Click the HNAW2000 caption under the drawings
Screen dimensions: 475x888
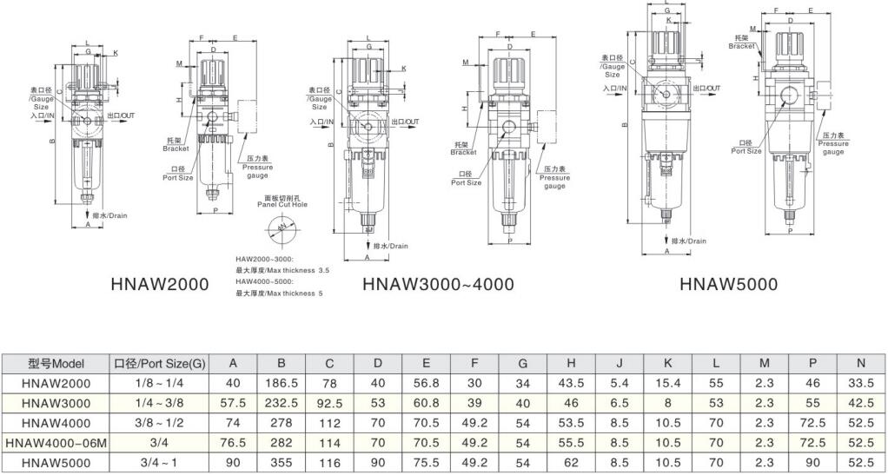point(160,284)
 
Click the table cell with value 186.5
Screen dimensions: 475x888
point(282,383)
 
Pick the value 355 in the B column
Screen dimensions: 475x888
point(282,463)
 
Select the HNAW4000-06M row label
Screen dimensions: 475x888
point(56,443)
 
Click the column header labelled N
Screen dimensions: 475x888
point(860,363)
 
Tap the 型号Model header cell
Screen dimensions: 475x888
point(56,363)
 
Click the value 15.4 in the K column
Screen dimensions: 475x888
point(666,383)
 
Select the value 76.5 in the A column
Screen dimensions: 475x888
point(234,443)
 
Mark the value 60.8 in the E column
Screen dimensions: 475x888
point(426,403)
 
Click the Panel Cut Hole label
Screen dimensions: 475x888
point(283,204)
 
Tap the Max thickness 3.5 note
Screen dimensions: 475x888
point(282,271)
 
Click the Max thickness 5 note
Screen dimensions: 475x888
point(279,294)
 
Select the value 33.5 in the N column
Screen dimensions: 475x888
point(860,383)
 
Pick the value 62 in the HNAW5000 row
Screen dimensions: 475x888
point(571,463)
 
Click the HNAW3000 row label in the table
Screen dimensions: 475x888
point(56,403)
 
